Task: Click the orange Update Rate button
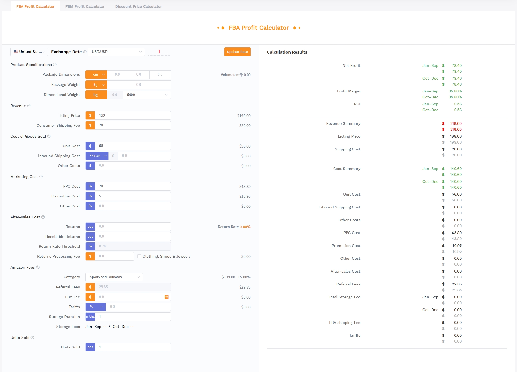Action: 237,52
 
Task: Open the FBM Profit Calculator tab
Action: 85,6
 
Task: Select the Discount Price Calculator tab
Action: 139,6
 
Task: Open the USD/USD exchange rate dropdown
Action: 116,52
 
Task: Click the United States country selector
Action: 29,52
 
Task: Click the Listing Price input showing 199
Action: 133,115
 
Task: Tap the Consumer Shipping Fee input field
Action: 133,125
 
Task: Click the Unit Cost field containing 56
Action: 133,146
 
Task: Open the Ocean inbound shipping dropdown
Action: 97,156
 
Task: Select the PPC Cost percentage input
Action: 133,186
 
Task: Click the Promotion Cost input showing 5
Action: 133,196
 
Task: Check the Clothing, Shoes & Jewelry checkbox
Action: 139,256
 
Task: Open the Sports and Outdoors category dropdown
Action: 114,277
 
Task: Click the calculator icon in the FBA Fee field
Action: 167,297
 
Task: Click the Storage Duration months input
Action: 133,317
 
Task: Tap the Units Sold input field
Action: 133,347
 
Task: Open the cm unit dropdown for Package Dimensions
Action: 96,75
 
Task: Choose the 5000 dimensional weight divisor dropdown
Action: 147,95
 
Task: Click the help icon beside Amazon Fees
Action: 38,267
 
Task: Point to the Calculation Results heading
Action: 287,52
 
